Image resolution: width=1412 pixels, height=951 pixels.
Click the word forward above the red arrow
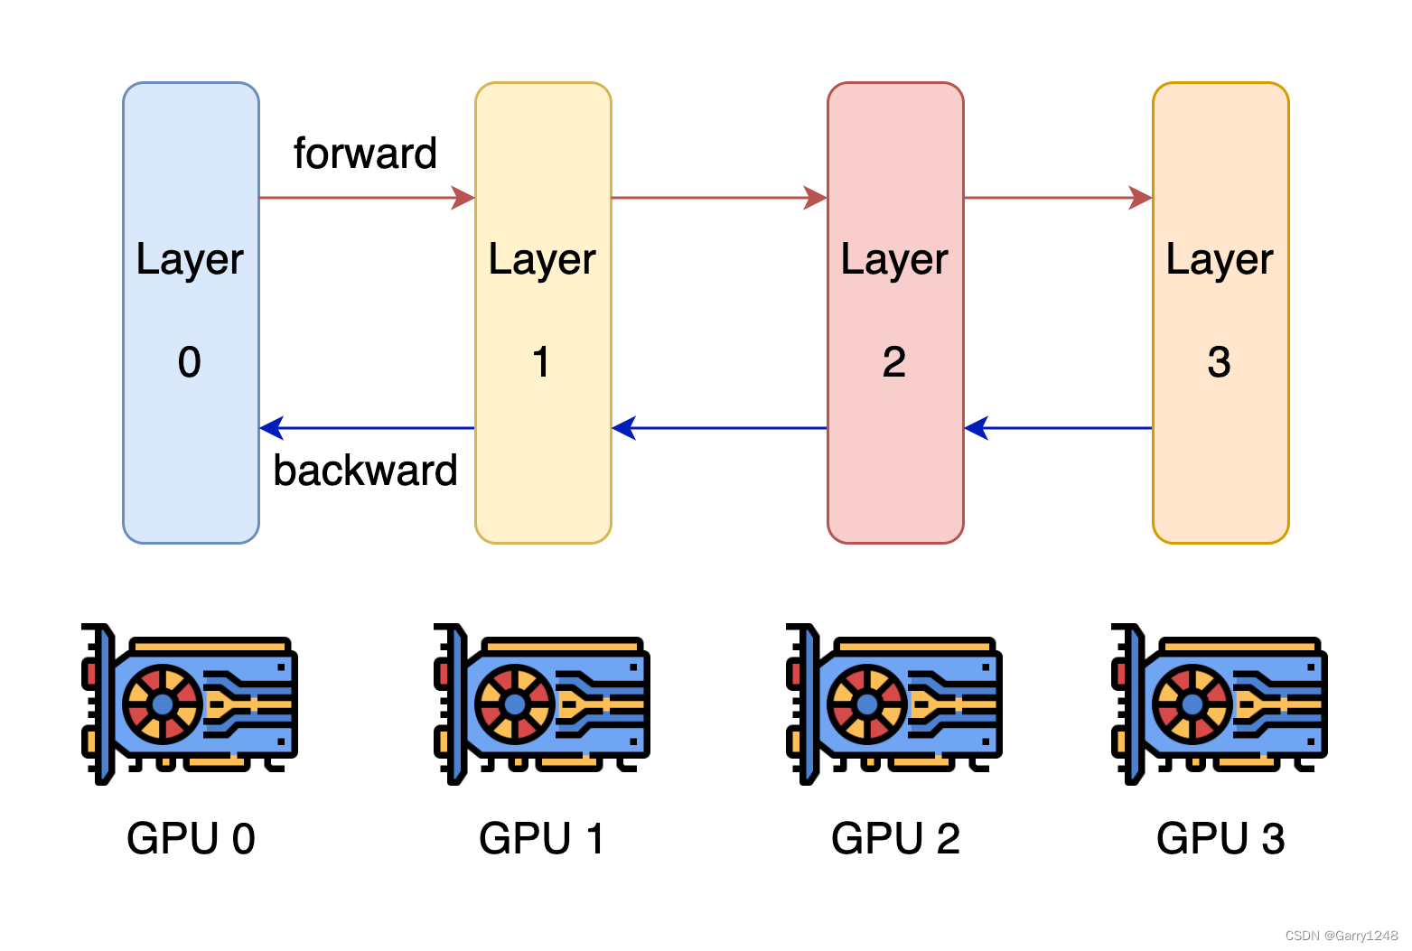pyautogui.click(x=365, y=154)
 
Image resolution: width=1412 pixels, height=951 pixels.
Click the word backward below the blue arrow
pyautogui.click(x=365, y=471)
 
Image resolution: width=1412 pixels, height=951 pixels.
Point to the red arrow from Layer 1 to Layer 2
pyautogui.click(x=719, y=198)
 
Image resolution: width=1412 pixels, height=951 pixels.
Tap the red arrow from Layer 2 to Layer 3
pyautogui.click(x=1058, y=198)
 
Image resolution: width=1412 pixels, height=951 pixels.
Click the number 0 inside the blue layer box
pyautogui.click(x=190, y=362)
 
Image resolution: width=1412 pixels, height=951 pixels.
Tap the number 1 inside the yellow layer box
pyautogui.click(x=541, y=362)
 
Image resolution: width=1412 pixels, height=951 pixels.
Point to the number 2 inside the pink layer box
pyautogui.click(x=894, y=362)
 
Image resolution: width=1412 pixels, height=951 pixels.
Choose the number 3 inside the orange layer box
pyautogui.click(x=1220, y=362)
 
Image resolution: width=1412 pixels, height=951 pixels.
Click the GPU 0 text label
pyautogui.click(x=191, y=838)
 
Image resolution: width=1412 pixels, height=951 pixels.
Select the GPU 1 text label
pyautogui.click(x=541, y=838)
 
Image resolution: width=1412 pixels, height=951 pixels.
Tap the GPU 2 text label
pyautogui.click(x=895, y=838)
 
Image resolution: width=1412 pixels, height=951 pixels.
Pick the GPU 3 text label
pyautogui.click(x=1220, y=838)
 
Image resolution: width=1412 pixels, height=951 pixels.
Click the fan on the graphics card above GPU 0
pyautogui.click(x=163, y=704)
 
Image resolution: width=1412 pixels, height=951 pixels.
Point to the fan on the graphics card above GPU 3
pyautogui.click(x=1192, y=704)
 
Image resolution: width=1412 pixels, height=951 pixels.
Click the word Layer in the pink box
pyautogui.click(x=894, y=260)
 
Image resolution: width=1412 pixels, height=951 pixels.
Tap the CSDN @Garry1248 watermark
pyautogui.click(x=1341, y=936)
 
